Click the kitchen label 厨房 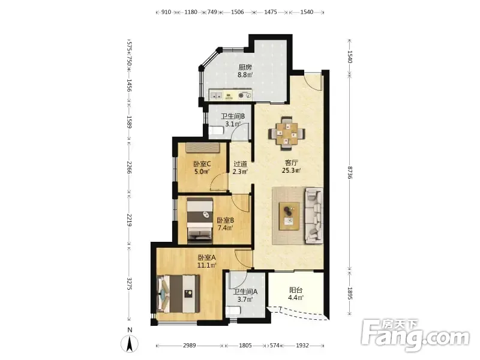245,67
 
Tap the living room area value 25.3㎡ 291,170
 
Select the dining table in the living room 287,133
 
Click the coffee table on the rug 289,216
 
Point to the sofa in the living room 314,216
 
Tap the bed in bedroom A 178,294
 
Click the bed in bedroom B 200,220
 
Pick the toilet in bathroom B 216,131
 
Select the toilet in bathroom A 233,311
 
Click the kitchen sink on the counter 215,95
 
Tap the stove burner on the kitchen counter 245,95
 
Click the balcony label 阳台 296,290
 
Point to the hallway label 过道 240,164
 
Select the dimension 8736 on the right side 350,172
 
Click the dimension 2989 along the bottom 189,346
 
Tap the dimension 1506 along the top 237,12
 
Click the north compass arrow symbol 130,343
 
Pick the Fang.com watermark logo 415,335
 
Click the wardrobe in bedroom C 202,148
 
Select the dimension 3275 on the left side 130,284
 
